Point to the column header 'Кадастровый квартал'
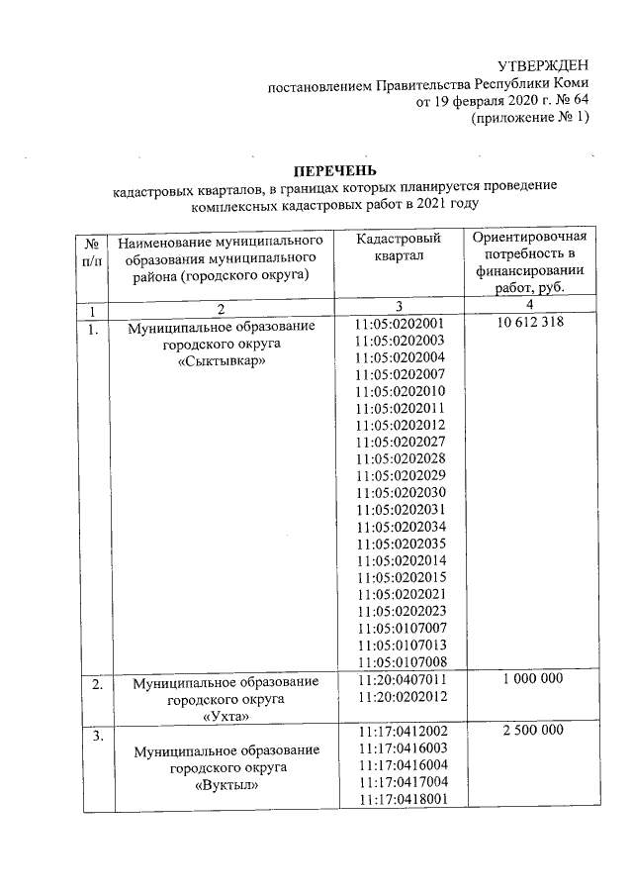[400, 249]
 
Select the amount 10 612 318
[530, 323]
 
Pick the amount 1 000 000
[532, 679]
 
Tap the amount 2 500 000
[532, 730]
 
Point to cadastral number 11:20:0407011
[401, 680]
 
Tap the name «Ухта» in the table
[226, 716]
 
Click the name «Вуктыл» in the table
[226, 785]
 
